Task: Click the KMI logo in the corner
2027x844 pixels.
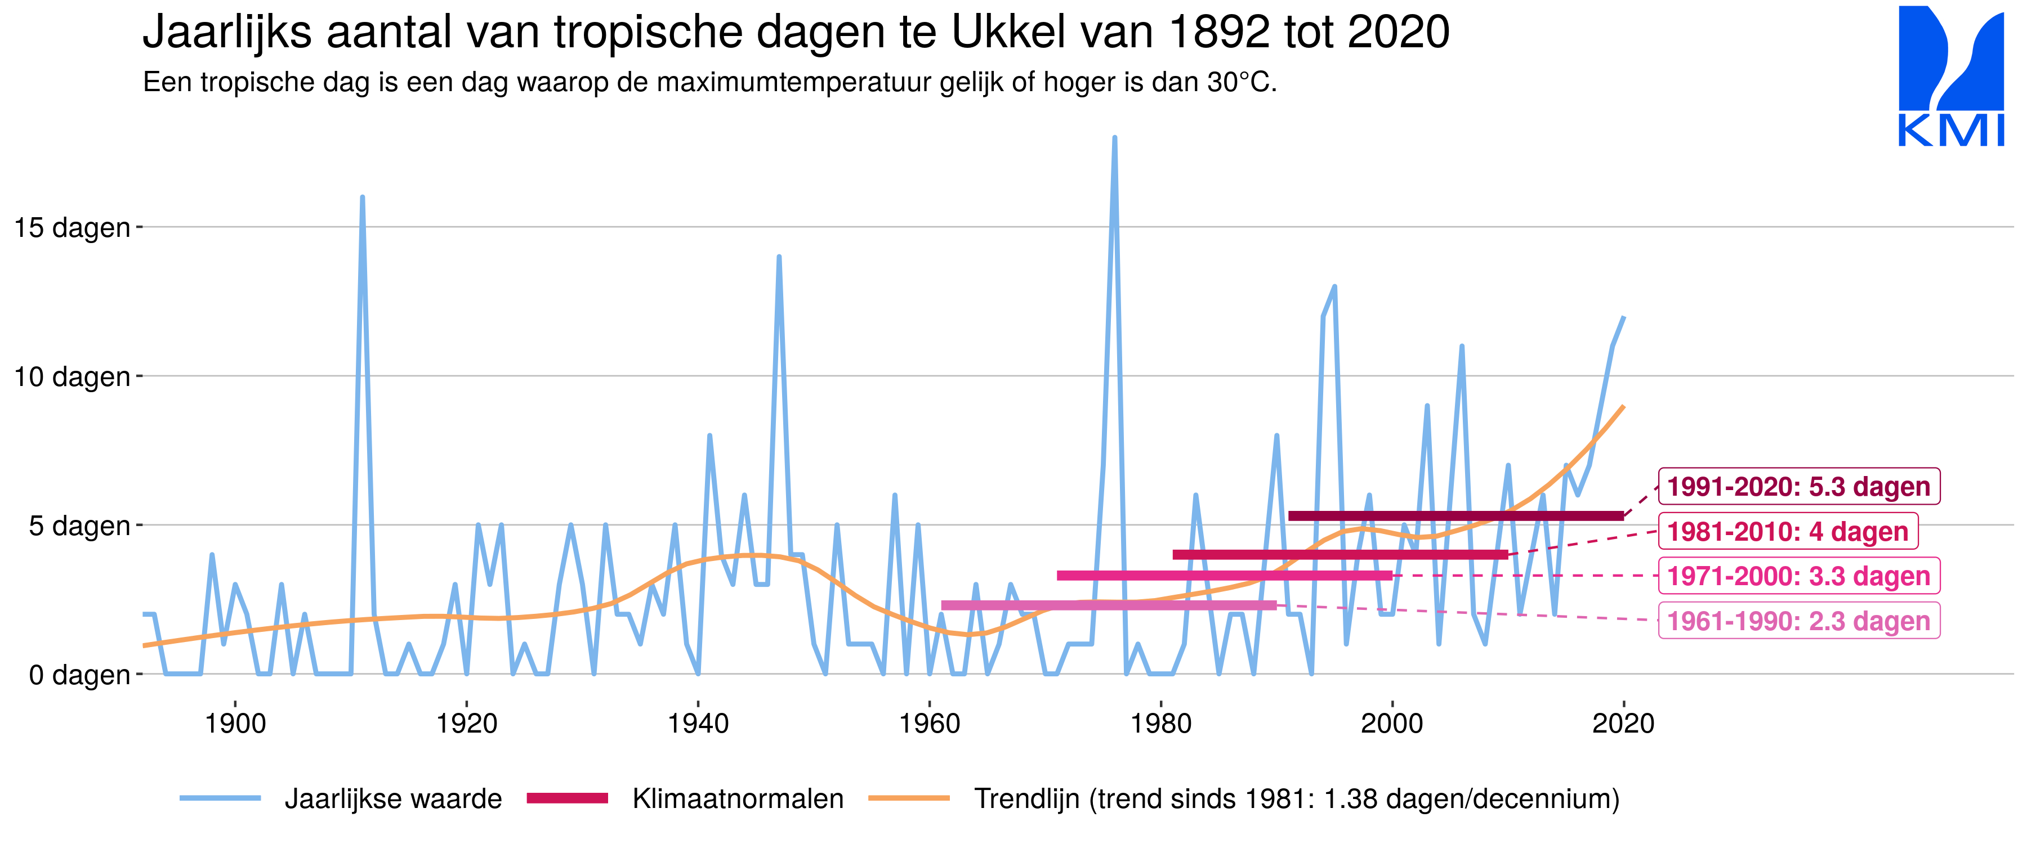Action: click(1950, 77)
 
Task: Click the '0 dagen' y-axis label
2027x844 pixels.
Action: click(79, 675)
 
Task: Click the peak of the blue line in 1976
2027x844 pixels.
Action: click(1114, 138)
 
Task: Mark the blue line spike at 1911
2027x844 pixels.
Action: click(362, 197)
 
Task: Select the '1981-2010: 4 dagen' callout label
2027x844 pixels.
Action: click(1787, 531)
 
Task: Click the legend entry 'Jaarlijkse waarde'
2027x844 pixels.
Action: click(392, 798)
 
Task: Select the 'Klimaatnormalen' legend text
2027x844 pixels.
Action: click(737, 798)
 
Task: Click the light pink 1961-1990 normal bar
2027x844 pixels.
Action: click(1108, 605)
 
